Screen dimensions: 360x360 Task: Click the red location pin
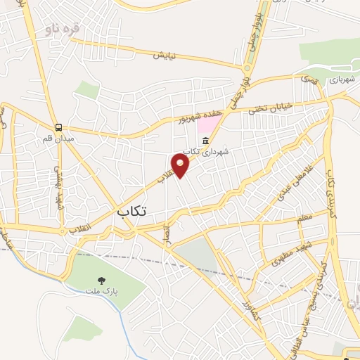point(181,165)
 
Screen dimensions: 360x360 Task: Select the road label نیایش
point(164,55)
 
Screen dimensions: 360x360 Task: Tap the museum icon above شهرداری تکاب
point(205,141)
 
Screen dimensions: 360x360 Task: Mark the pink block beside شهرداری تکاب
point(206,127)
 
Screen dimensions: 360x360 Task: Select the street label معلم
point(304,219)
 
